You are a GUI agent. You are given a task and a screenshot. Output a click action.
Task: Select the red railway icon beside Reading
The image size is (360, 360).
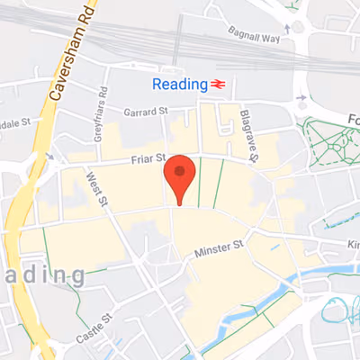[x=217, y=84]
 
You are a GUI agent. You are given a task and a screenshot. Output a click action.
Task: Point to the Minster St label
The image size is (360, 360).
[x=220, y=247]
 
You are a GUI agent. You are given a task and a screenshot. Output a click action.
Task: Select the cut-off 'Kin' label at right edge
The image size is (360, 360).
[x=352, y=244]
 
